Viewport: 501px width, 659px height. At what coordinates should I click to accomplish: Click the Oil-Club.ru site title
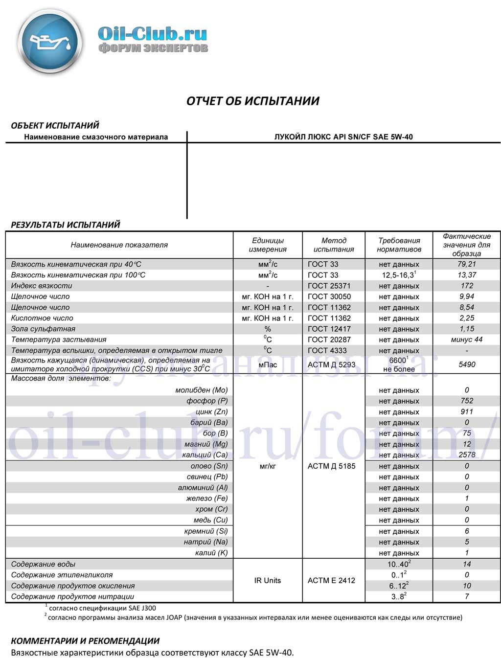tap(152, 34)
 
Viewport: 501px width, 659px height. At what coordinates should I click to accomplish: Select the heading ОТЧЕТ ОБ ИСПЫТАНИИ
tap(252, 101)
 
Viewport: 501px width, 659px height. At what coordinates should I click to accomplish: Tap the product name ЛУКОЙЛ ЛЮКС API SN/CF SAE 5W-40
tap(343, 137)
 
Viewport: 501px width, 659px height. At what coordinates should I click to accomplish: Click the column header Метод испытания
tap(334, 245)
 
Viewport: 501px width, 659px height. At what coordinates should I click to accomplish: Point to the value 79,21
tap(467, 264)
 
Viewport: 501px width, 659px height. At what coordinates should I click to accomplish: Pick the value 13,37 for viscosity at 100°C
tap(467, 275)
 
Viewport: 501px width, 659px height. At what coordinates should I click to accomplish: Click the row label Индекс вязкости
tap(42, 286)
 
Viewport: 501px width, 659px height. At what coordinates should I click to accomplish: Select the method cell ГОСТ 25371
tap(329, 286)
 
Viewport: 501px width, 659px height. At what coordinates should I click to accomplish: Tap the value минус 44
tap(467, 340)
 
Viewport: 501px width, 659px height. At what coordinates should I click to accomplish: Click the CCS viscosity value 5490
tap(467, 364)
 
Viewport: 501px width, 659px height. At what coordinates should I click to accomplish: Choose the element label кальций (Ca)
tap(205, 455)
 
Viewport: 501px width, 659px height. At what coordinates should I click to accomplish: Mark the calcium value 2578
tap(467, 455)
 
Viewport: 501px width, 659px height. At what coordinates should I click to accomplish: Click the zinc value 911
tap(467, 412)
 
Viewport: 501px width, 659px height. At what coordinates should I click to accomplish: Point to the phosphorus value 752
tap(467, 401)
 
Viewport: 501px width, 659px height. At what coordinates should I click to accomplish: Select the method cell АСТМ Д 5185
tap(332, 466)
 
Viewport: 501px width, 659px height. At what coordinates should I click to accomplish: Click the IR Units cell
tap(268, 581)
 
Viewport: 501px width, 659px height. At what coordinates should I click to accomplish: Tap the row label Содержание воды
tap(43, 564)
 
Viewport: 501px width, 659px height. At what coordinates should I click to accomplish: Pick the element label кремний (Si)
tap(206, 531)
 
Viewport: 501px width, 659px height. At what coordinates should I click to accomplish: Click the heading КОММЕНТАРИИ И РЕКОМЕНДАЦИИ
tap(85, 641)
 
